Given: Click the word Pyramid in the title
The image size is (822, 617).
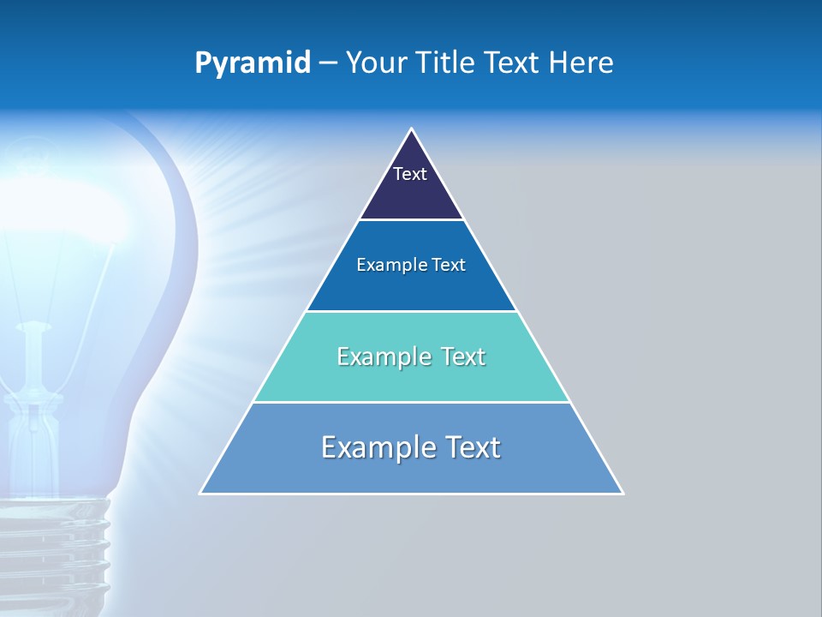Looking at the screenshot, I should click(253, 63).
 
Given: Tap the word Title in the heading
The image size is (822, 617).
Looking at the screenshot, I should click(446, 63).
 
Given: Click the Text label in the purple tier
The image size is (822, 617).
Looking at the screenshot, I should click(410, 174).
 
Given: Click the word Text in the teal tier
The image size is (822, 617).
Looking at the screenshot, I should click(463, 357).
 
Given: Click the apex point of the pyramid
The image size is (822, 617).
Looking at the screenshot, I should click(412, 129).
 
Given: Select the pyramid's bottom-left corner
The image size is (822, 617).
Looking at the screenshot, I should click(201, 493).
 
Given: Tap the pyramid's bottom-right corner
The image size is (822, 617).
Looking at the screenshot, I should click(622, 493).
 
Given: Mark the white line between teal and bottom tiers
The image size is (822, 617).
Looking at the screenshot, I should click(412, 402).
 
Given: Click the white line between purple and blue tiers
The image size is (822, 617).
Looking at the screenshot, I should click(412, 220).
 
